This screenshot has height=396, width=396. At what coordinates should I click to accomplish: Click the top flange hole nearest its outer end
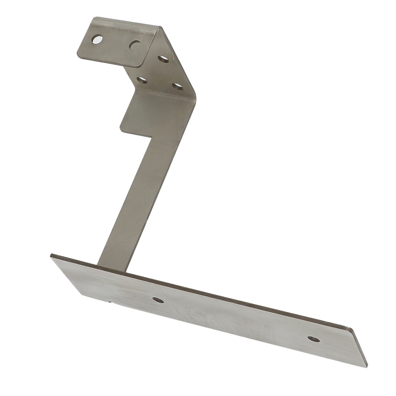[x=97, y=39]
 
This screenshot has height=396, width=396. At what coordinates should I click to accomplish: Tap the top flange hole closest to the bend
[x=135, y=45]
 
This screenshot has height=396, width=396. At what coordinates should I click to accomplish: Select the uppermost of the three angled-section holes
[x=163, y=59]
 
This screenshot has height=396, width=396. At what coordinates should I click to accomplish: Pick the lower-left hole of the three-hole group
[x=142, y=80]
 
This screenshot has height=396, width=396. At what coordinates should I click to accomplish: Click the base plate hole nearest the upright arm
[x=158, y=300]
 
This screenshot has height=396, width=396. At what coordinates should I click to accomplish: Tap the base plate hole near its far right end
[x=314, y=339]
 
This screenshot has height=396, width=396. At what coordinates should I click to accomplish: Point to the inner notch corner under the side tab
[x=152, y=137]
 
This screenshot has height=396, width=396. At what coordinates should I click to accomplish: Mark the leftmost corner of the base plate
[x=51, y=257]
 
